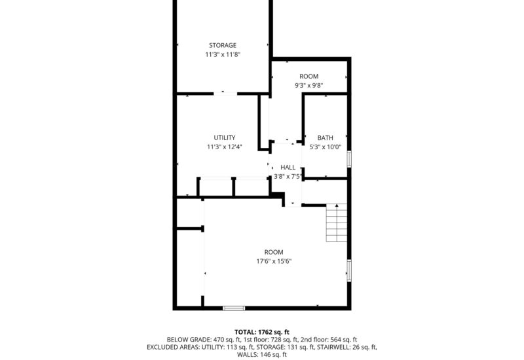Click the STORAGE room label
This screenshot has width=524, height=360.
(x=222, y=45)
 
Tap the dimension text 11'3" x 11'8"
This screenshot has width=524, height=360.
(x=222, y=55)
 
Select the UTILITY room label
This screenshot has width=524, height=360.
(x=225, y=137)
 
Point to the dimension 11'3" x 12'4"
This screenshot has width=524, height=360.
(x=225, y=147)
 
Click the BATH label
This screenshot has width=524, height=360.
(x=326, y=137)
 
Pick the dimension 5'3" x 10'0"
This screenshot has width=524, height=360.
(x=326, y=147)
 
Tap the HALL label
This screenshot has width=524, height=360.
(x=288, y=167)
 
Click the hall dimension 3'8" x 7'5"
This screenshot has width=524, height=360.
(x=288, y=176)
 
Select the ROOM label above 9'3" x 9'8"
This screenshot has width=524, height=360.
(x=309, y=77)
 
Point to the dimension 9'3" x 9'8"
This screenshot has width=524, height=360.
(x=309, y=86)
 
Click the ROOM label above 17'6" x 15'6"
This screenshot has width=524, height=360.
(x=274, y=252)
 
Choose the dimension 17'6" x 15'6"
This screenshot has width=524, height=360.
(x=274, y=261)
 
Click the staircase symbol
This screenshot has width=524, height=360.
(x=335, y=223)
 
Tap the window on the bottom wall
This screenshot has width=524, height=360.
(x=233, y=308)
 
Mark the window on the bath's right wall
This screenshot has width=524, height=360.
(x=349, y=159)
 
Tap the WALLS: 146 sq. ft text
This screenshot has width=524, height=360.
(x=262, y=355)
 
